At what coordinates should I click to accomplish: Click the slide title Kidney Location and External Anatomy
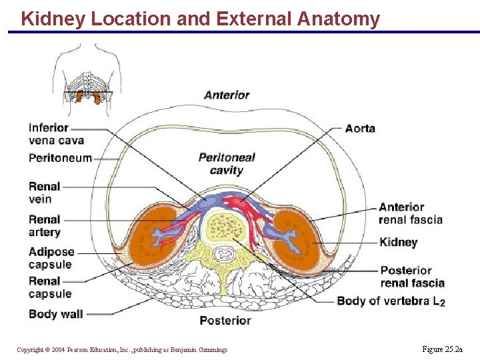(200, 19)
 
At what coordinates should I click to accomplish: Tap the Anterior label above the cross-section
(227, 95)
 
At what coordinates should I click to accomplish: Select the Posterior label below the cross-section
(225, 321)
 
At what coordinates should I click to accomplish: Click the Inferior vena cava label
(56, 134)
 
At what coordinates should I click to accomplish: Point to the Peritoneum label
(60, 158)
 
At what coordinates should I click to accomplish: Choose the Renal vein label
(45, 193)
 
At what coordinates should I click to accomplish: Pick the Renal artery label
(45, 225)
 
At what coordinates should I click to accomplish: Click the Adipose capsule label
(51, 258)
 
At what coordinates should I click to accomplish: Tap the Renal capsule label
(50, 287)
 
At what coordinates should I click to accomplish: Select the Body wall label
(56, 313)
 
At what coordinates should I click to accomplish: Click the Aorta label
(360, 128)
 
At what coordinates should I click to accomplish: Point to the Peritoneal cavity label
(227, 164)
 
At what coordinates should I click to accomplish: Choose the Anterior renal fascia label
(410, 213)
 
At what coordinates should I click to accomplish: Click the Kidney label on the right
(398, 242)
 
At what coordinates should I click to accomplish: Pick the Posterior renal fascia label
(412, 277)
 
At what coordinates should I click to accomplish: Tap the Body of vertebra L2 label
(391, 301)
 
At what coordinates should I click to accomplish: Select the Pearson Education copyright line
(122, 350)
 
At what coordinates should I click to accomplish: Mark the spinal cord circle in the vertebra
(221, 253)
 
